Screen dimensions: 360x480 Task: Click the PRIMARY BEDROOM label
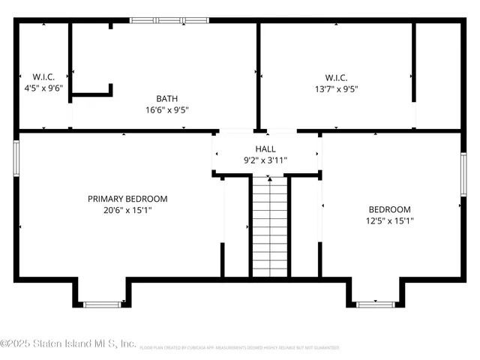127,199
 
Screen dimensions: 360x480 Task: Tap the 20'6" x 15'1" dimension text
127,210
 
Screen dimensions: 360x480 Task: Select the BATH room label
166,98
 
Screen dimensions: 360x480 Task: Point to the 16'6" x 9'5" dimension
166,109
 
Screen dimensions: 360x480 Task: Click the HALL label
265,148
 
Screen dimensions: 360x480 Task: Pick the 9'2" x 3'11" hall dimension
265,159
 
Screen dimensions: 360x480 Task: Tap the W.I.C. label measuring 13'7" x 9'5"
335,76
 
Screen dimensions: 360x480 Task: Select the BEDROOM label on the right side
389,209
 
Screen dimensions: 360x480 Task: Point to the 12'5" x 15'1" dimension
389,220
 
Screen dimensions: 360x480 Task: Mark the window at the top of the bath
169,20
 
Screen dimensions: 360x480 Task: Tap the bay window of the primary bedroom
101,304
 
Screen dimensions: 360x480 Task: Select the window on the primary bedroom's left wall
16,158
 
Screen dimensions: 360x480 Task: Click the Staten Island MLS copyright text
68,343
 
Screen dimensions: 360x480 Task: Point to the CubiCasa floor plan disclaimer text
238,348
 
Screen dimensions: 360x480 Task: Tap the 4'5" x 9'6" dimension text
42,87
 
